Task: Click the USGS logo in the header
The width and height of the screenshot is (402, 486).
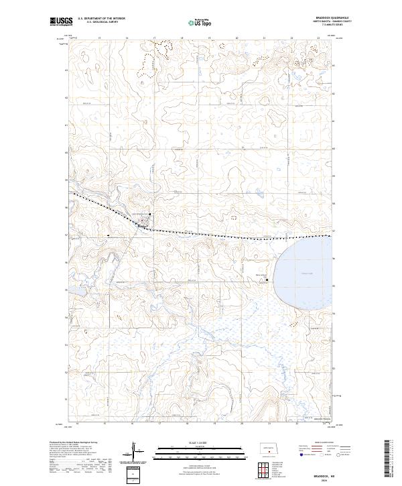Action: tap(60, 21)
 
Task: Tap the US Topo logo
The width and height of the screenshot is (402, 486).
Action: tap(202, 21)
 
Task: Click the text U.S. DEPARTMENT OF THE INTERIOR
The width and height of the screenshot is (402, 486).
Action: tap(102, 18)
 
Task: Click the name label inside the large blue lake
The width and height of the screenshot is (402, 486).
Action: tap(308, 274)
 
